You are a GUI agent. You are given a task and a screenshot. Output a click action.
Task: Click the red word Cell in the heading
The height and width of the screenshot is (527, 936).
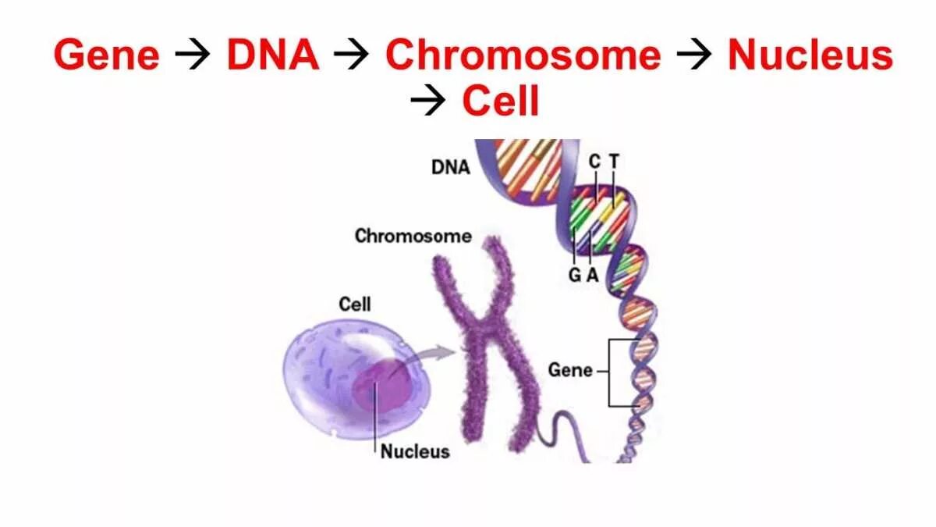[501, 101]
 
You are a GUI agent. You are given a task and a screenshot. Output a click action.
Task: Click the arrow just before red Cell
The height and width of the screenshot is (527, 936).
[428, 101]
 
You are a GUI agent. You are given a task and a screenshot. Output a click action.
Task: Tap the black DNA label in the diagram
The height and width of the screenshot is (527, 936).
[451, 167]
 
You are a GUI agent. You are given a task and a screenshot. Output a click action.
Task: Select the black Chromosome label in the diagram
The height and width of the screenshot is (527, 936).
[413, 236]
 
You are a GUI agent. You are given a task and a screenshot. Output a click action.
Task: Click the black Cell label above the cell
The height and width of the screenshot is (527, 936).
[355, 304]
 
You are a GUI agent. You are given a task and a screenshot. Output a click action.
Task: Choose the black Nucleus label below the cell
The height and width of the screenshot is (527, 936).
[415, 451]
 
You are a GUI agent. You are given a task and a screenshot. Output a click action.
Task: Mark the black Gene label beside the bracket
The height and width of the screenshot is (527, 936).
[570, 370]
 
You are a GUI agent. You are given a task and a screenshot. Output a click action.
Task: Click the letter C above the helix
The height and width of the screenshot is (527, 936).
[594, 162]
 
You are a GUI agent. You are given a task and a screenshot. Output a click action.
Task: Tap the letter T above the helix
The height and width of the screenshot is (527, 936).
[614, 162]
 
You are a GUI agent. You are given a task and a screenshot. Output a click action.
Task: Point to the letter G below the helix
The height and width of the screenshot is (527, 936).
[575, 275]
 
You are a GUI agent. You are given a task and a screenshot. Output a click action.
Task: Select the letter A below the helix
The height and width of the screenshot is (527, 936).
[592, 275]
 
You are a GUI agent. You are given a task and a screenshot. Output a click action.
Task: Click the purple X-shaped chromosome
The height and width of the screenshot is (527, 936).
[487, 336]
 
